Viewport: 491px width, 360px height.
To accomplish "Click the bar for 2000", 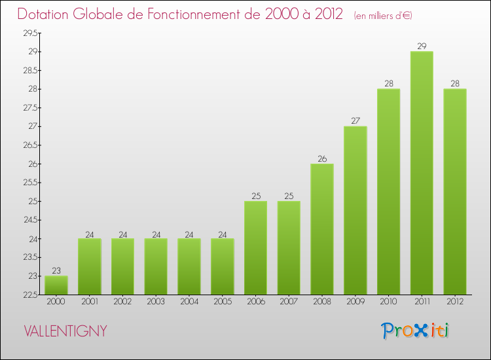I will (56, 285).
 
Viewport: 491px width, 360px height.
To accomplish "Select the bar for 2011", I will (422, 173).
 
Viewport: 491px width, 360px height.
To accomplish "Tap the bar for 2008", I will (322, 229).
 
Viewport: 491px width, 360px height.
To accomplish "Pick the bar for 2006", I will (255, 247).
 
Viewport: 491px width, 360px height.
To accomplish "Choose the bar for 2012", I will (455, 192).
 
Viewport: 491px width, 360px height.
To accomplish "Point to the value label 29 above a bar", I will (422, 46).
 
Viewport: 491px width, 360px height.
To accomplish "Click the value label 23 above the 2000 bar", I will (56, 270).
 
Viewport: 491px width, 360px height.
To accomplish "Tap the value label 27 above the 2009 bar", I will (355, 120).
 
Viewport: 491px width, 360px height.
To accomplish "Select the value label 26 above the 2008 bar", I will (322, 158).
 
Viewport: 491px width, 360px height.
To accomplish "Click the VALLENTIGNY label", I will (65, 331).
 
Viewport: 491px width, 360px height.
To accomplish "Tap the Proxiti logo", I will (415, 331).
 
